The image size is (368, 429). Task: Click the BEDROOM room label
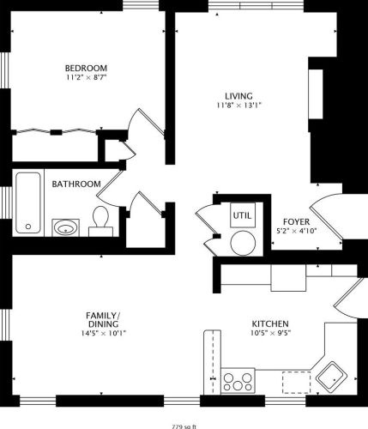[x=86, y=68]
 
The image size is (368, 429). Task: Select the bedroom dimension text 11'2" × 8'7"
[x=86, y=78]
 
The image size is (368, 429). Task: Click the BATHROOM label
[x=76, y=184]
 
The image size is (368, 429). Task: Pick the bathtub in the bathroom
[x=28, y=202]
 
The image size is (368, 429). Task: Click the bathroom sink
[x=65, y=227]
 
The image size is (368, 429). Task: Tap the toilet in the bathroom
[x=100, y=221]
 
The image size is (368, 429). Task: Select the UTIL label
[x=243, y=214]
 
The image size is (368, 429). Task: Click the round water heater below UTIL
[x=243, y=242]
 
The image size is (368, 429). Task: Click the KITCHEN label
[x=270, y=323]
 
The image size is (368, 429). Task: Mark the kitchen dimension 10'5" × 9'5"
[x=270, y=334]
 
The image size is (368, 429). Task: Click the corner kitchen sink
[x=329, y=374]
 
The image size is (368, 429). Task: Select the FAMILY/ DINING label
[x=102, y=320]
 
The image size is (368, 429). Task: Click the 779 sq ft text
[x=184, y=425]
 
